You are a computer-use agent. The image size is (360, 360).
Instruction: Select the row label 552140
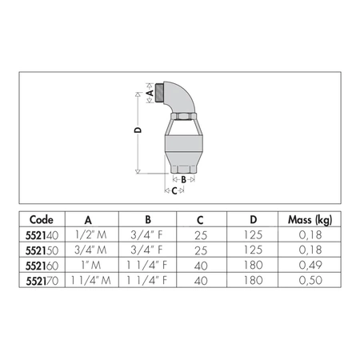tap(41, 235)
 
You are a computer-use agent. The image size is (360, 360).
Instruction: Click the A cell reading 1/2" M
tap(88, 235)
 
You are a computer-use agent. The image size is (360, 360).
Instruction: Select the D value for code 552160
tap(253, 265)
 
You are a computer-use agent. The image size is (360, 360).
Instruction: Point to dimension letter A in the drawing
tap(150, 92)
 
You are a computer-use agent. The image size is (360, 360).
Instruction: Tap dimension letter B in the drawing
tap(183, 180)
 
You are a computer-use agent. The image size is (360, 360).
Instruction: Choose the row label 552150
tap(41, 250)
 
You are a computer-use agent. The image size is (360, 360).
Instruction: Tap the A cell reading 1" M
tap(88, 265)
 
